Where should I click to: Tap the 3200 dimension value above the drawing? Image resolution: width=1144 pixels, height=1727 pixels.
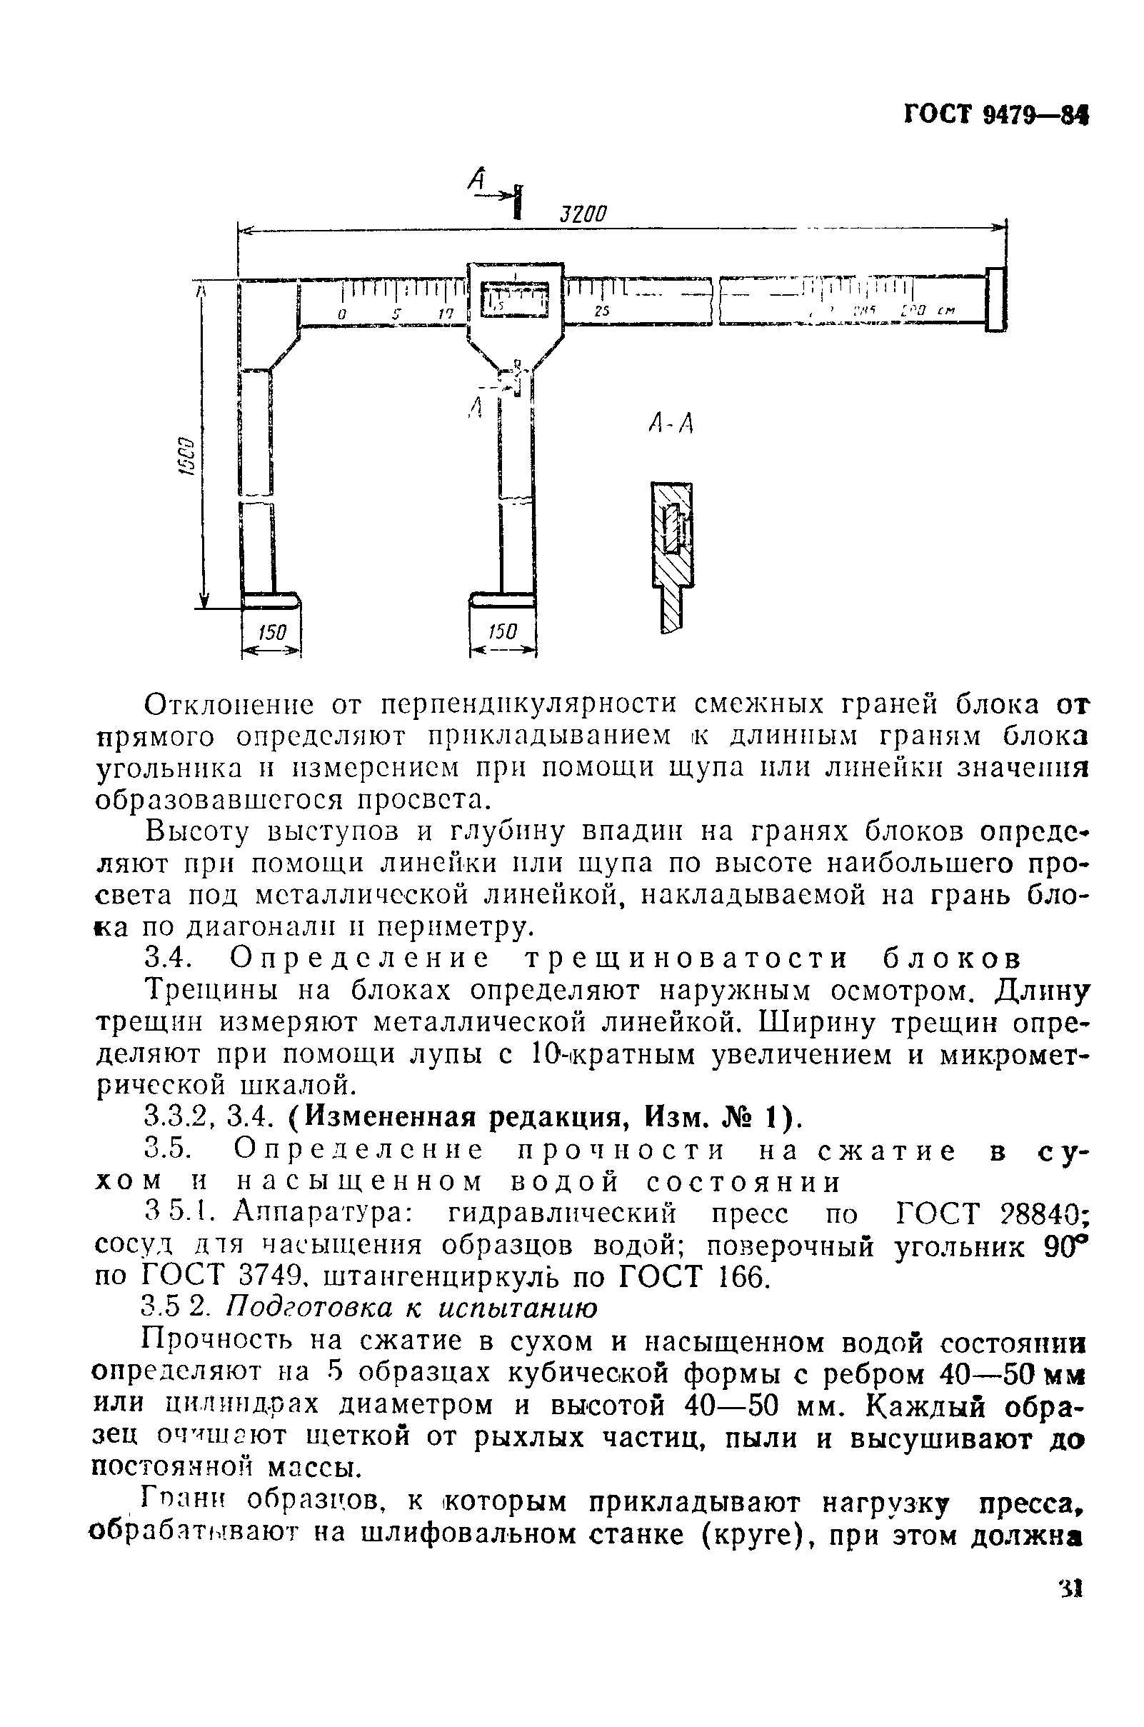[x=583, y=214]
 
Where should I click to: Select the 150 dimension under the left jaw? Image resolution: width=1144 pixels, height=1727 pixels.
[x=271, y=632]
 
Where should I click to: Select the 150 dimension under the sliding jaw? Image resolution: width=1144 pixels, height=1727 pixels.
[x=502, y=632]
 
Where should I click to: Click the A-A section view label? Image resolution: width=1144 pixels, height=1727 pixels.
[x=670, y=422]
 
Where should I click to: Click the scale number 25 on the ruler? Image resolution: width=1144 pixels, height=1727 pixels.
[x=601, y=311]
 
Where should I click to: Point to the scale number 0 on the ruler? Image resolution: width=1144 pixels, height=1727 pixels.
[x=341, y=314]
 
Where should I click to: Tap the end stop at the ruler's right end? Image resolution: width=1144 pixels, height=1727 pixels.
[x=995, y=300]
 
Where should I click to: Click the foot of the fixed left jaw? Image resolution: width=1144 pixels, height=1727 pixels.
[x=271, y=601]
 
